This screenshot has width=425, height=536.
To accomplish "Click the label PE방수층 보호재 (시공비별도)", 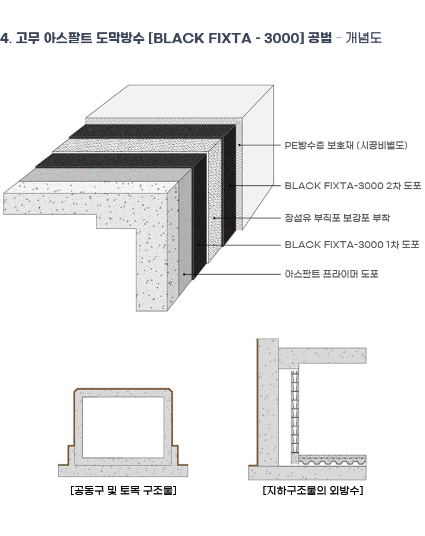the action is pos(346,145).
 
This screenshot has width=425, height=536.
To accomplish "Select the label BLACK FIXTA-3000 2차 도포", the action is pos(353,186).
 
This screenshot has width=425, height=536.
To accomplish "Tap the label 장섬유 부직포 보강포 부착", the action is pos(337,218).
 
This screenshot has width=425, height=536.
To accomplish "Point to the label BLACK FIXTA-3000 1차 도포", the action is pos(352,245).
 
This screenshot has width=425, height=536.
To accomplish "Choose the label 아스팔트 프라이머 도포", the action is pos(331,274).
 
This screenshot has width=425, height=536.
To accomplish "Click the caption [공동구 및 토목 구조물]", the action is pos(123,490).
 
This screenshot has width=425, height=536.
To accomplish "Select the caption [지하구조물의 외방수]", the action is pos(313,490).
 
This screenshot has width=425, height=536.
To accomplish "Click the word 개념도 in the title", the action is pos(363,38).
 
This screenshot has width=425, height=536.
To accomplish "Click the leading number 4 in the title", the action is pos(5,38).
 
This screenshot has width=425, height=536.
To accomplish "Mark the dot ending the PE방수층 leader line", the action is pos(240,145).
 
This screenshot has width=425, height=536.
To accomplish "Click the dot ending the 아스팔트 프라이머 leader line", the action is pos(184,274).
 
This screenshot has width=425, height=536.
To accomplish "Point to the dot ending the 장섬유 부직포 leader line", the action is pos(215,218).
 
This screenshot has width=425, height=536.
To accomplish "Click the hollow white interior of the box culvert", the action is pos(123,428).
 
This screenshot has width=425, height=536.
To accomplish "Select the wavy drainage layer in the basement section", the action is pos(332,462).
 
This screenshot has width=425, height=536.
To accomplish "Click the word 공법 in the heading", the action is pos(319,38).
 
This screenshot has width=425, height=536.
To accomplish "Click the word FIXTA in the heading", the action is pos(230,38).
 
